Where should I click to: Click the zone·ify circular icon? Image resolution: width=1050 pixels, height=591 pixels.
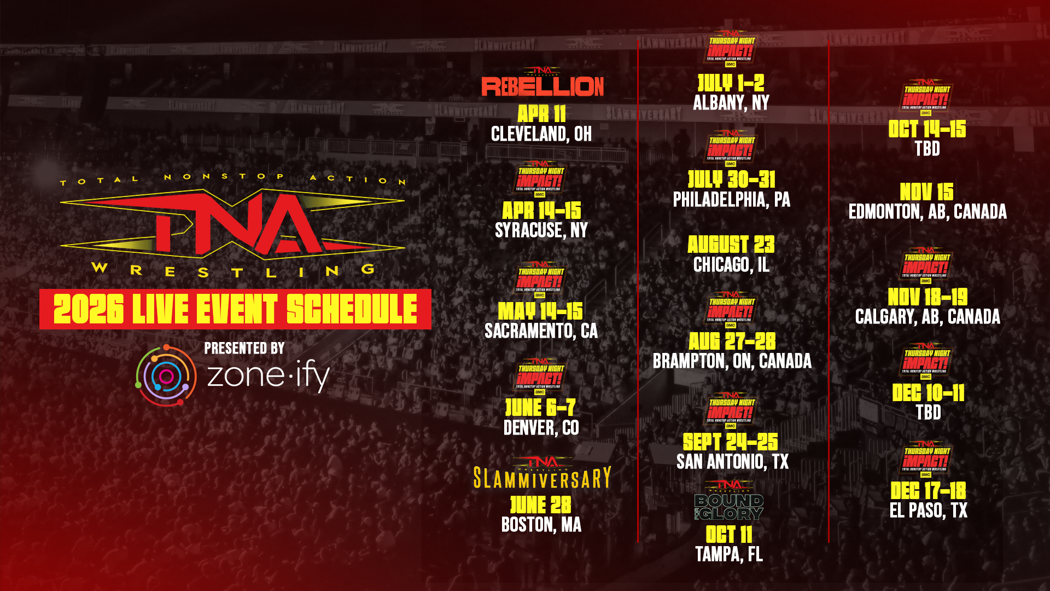pos(166,375)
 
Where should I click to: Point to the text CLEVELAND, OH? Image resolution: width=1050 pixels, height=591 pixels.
pos(541,134)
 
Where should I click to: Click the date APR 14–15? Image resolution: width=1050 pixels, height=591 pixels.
pos(541,211)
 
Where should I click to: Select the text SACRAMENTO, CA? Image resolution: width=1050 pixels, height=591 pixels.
pos(541,331)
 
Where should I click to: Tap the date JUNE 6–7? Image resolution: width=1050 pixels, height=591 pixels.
pos(540,408)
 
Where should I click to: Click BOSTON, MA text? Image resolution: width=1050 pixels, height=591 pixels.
pos(541,525)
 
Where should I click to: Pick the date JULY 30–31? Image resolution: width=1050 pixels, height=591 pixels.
pos(731,179)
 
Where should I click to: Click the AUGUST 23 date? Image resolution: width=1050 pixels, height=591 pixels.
pos(731,245)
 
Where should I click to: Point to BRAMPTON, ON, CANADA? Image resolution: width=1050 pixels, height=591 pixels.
pos(732,361)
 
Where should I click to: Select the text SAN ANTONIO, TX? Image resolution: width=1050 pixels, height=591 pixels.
pos(732,462)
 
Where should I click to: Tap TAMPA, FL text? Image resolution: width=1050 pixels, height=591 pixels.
pos(728,554)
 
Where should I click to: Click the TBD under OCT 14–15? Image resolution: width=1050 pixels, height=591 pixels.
pos(927,149)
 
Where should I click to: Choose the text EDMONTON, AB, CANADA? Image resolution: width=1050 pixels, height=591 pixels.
pos(927,212)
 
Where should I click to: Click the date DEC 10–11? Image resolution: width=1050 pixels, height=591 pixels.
pos(928,393)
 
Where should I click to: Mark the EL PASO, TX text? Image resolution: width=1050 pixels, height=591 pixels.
pos(928,511)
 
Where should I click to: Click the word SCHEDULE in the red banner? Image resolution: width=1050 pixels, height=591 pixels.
pos(352,309)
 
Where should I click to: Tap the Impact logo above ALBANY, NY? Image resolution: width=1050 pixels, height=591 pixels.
pos(731,50)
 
